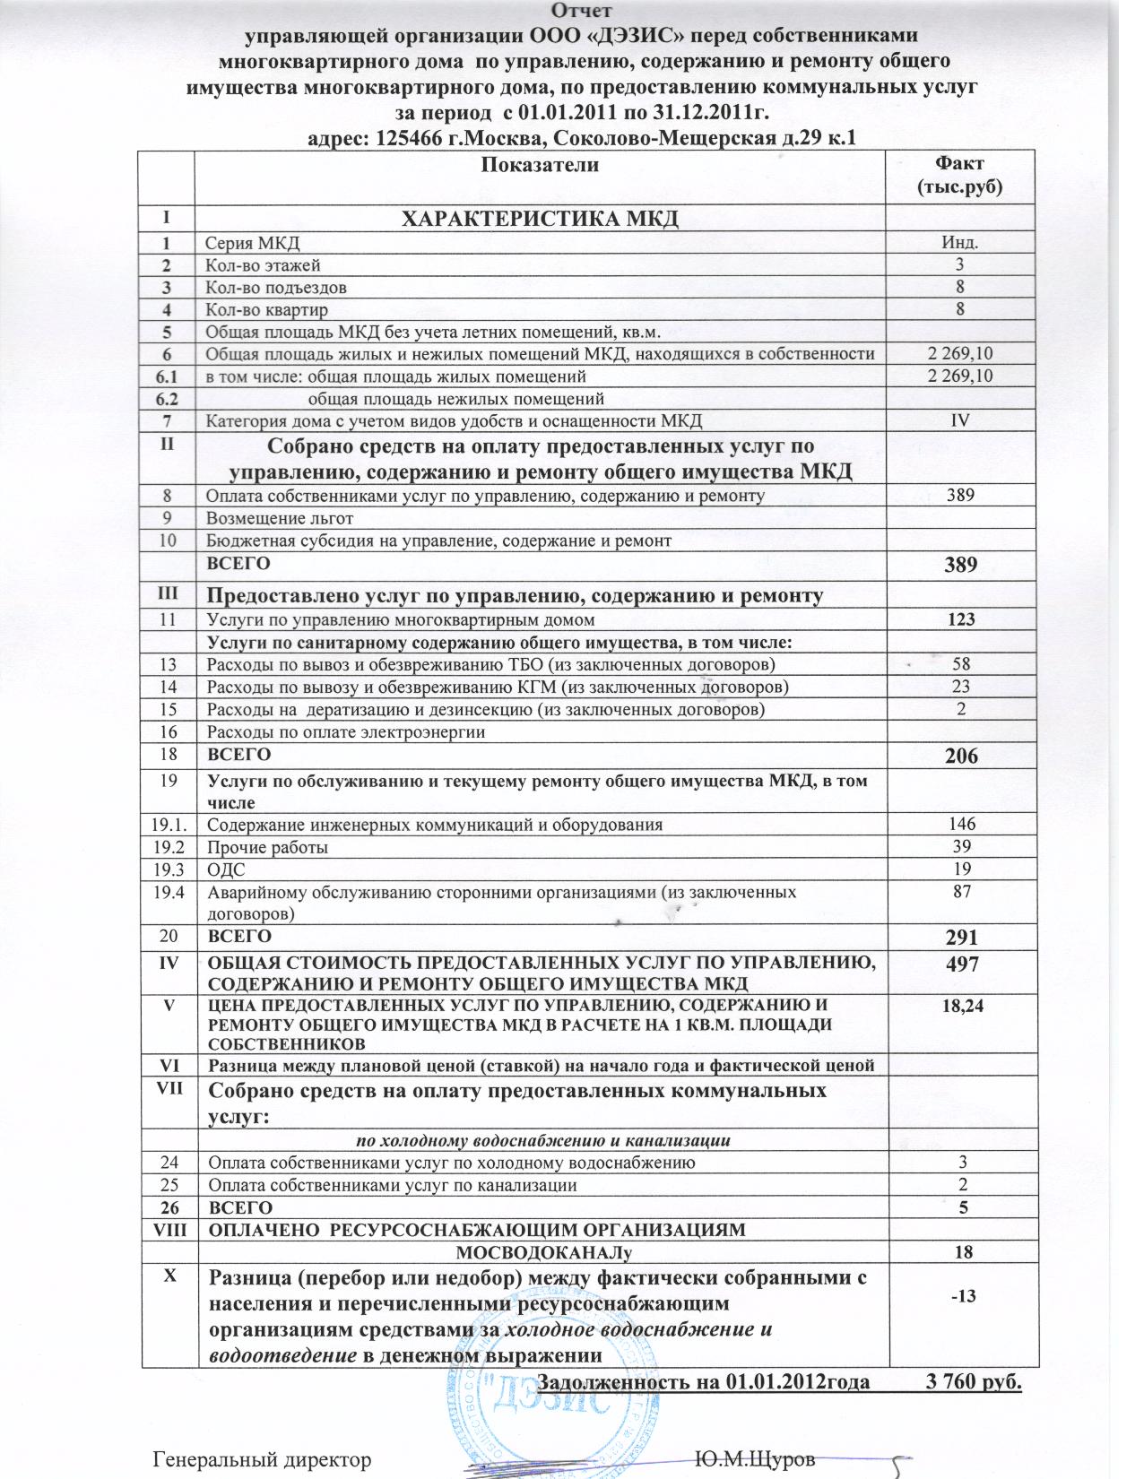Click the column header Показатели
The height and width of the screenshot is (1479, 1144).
coord(540,165)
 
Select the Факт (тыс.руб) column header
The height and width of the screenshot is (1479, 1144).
coord(959,175)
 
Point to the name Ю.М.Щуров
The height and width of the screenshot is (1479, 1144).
coord(755,1458)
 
